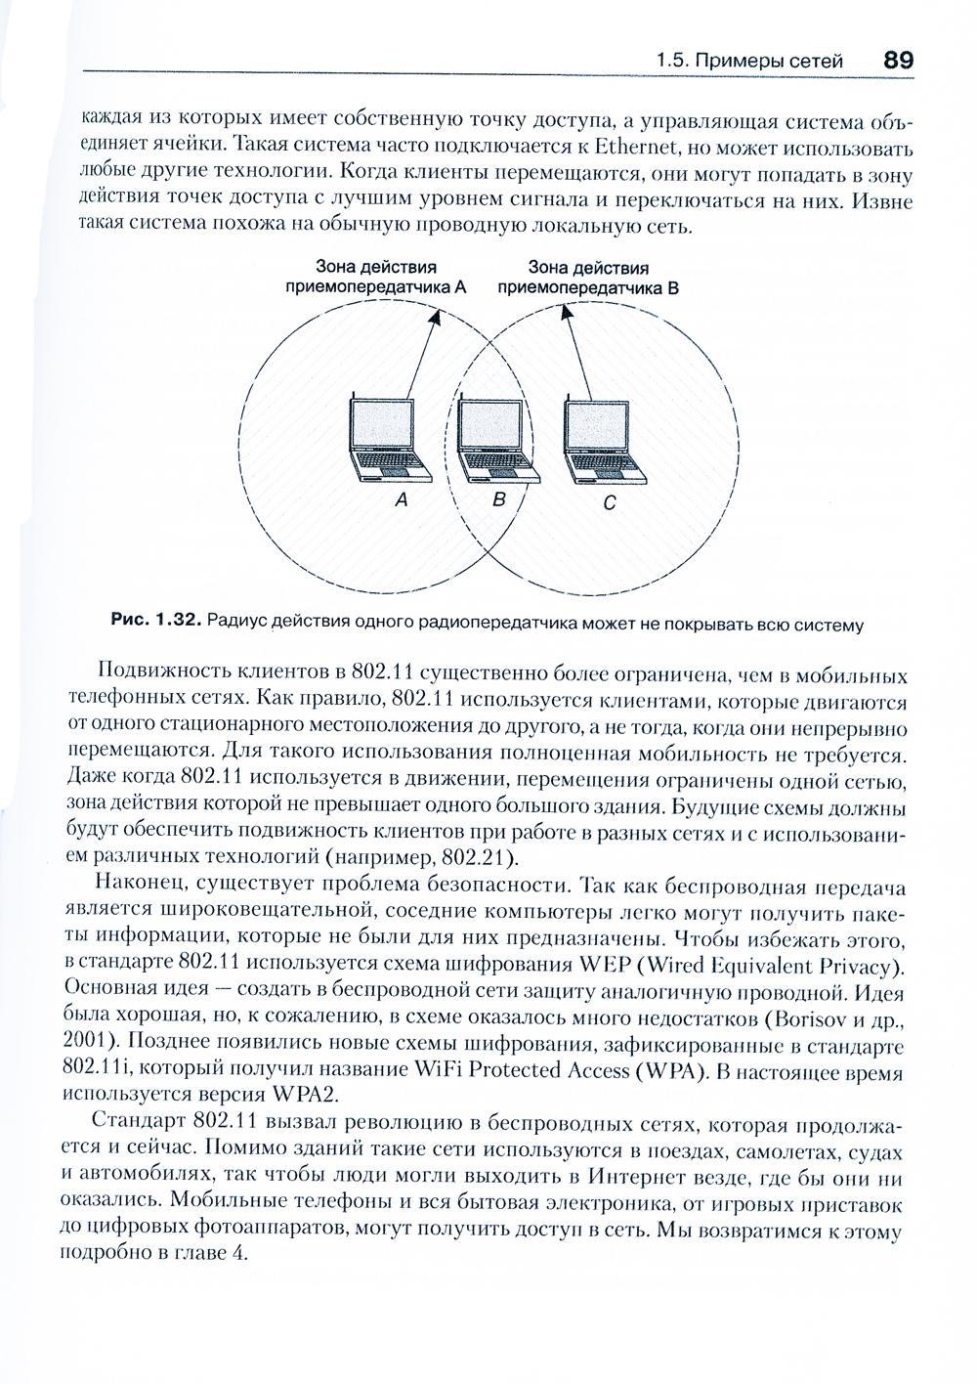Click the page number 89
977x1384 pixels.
pos(898,59)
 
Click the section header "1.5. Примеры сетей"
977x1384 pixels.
pos(750,61)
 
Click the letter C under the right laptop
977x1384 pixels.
pos(609,504)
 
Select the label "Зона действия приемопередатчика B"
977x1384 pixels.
pos(588,278)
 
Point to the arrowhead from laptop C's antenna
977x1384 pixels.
pos(563,312)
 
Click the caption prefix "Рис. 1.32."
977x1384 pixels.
pos(155,620)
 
